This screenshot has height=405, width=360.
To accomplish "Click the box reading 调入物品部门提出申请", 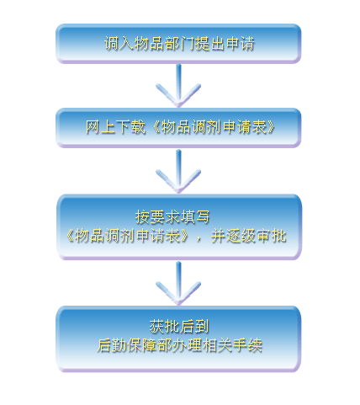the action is (178, 44).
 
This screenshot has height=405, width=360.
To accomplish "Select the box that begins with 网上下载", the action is (178, 128).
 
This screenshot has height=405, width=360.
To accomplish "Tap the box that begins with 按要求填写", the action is (179, 226).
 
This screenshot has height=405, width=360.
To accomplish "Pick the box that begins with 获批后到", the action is (178, 339).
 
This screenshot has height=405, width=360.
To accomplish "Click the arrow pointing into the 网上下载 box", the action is (178, 86).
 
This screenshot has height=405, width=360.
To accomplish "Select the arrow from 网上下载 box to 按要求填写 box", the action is (178, 171).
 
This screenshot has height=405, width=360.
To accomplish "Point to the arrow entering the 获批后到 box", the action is (178, 284).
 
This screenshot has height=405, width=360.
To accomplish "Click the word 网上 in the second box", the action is (101, 127).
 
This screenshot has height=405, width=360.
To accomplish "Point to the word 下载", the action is (131, 127).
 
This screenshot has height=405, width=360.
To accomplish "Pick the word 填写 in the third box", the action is (195, 216).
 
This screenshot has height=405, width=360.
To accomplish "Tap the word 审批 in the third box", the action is (271, 236).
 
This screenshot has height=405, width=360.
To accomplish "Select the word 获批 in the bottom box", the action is (164, 326).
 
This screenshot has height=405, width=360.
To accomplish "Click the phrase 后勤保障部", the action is (134, 345).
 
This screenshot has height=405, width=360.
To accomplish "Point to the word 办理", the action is (187, 345).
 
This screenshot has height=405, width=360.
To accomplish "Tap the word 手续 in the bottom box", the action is (247, 345).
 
